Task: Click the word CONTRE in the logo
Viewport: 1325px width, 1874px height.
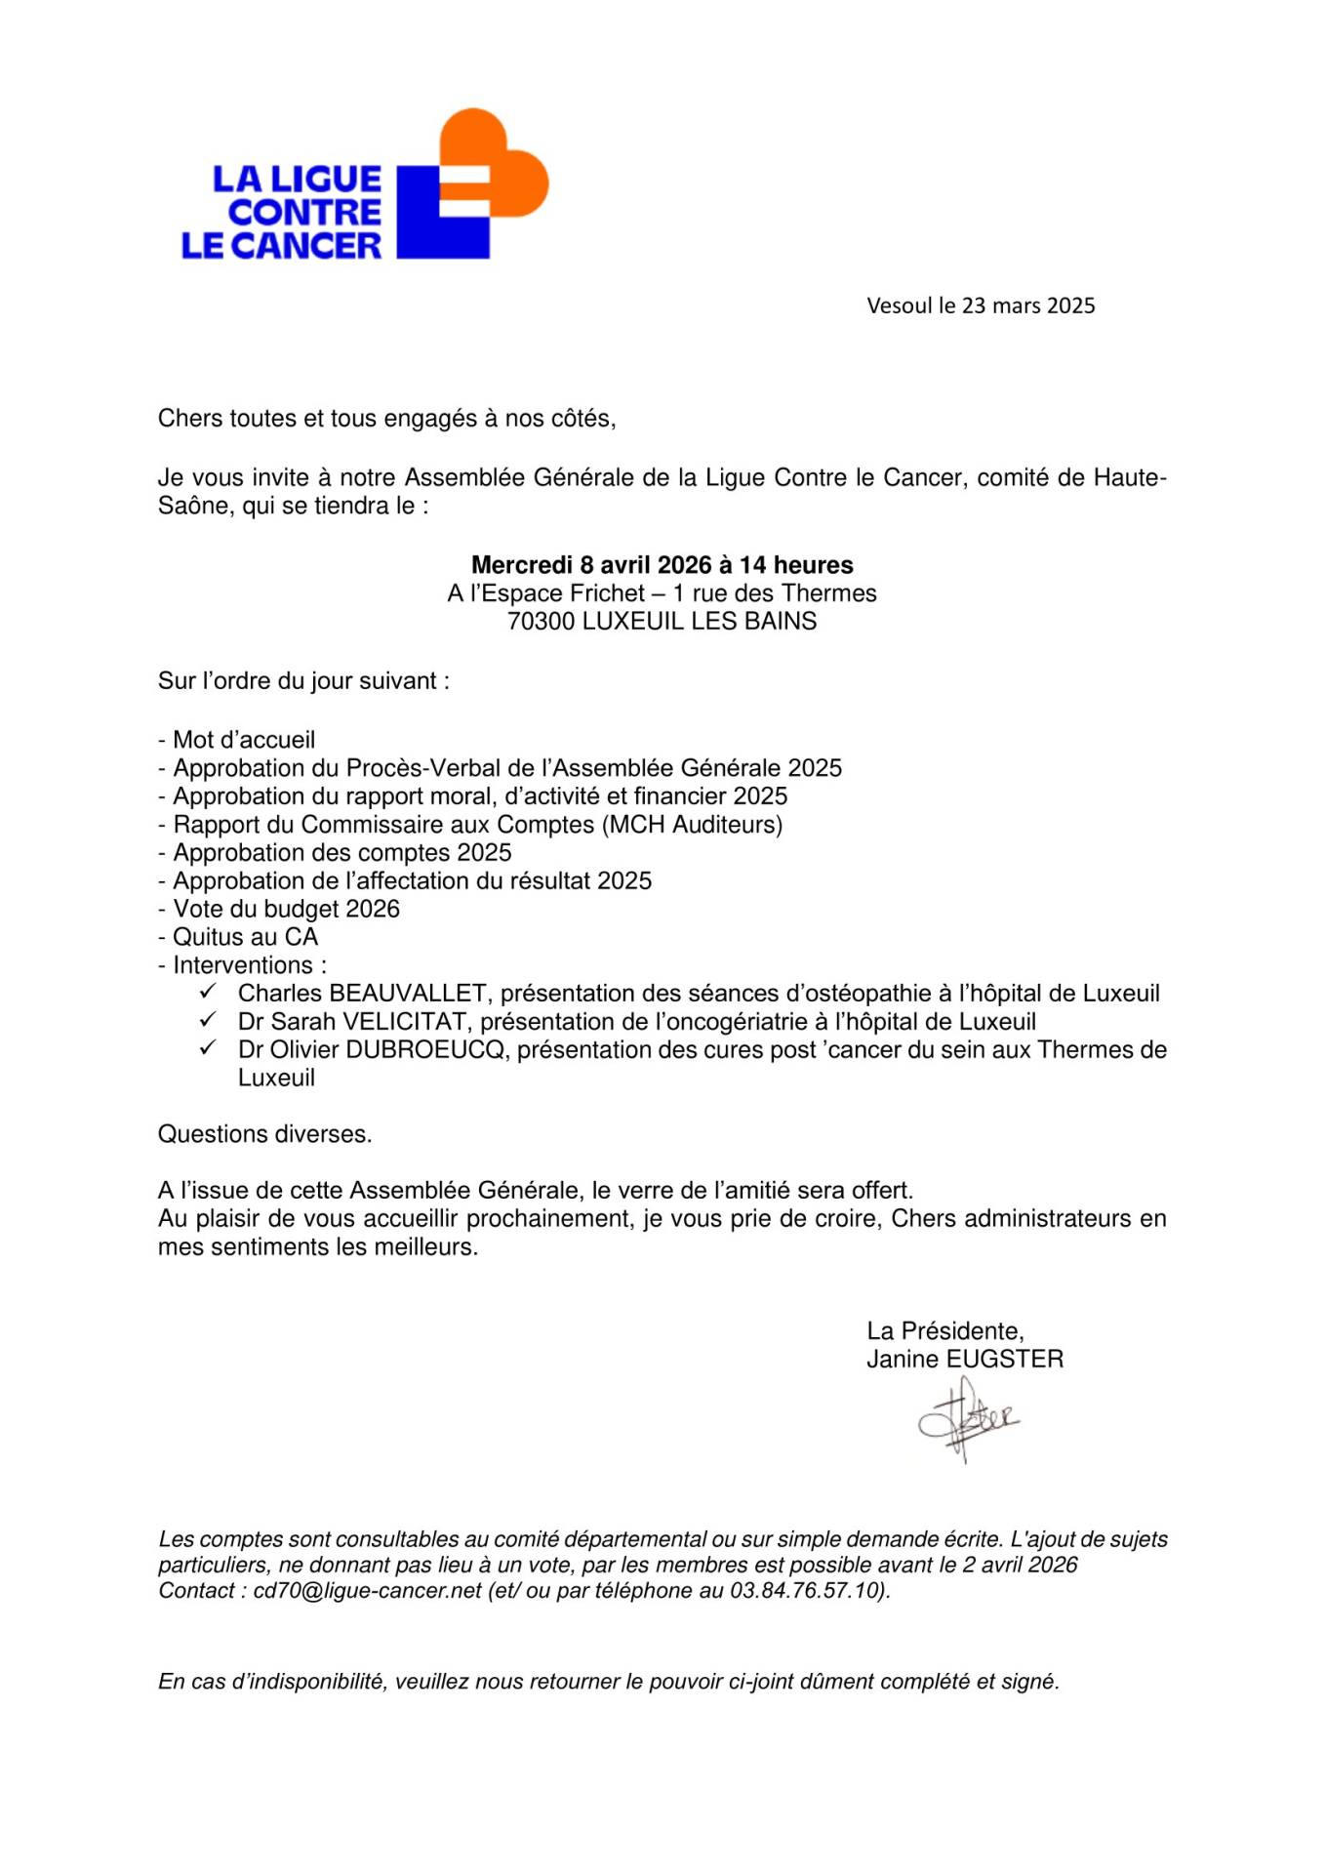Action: pos(304,212)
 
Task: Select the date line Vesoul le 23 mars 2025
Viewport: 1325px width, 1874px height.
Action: pos(980,306)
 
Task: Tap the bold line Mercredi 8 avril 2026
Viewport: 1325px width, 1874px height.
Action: pos(662,565)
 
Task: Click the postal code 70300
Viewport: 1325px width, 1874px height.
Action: pos(541,622)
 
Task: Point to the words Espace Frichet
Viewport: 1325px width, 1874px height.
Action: pos(563,593)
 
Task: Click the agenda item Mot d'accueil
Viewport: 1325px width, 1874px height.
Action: pos(243,740)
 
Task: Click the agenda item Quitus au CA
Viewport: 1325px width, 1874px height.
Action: pos(245,937)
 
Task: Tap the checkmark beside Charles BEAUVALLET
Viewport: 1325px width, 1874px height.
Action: pos(208,992)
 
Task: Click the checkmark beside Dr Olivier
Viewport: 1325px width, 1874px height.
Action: pos(208,1048)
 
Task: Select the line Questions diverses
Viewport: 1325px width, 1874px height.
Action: pos(264,1134)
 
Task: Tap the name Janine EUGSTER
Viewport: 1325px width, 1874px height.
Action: pos(964,1359)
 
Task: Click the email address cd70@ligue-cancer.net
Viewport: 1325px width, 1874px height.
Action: pos(368,1590)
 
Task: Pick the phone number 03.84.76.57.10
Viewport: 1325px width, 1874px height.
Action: pos(806,1590)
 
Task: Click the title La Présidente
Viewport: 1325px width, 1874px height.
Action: pos(944,1330)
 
